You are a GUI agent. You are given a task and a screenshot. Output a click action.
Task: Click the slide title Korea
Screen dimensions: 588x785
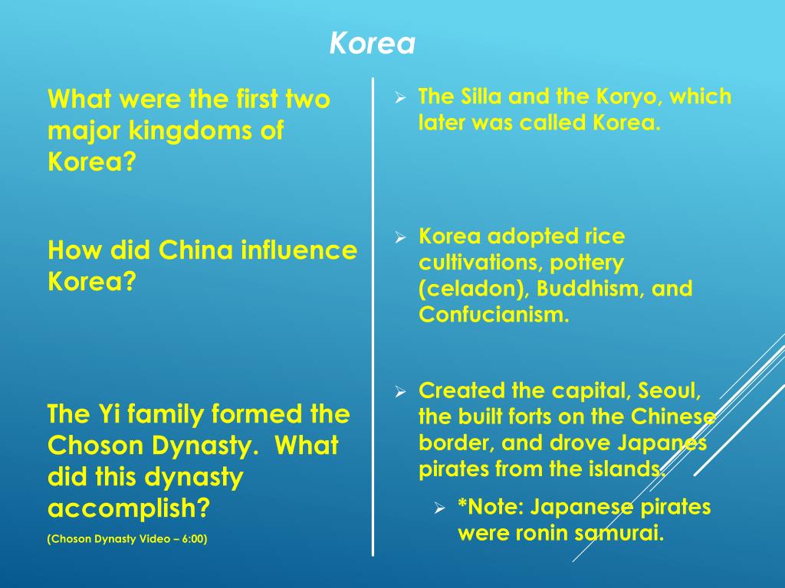pos(372,44)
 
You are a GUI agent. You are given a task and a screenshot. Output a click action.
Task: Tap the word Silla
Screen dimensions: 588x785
pos(481,97)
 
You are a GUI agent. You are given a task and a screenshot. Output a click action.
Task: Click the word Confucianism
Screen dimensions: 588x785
pos(494,315)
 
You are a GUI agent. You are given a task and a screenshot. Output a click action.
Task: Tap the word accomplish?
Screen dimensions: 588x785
pos(129,508)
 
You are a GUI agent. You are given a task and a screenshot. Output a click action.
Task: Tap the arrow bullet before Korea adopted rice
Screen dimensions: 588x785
pos(399,238)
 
